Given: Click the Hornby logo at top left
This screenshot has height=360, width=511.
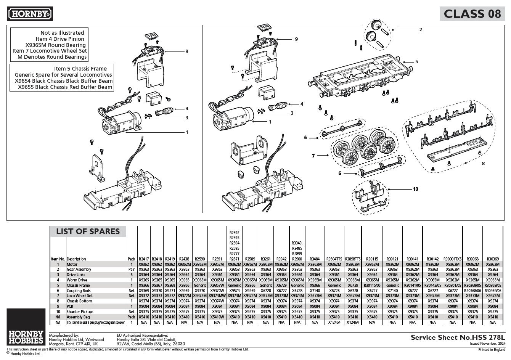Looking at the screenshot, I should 30,14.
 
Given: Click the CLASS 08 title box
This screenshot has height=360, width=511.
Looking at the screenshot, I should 472,14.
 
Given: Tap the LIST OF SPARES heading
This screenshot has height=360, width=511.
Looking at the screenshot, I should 88,231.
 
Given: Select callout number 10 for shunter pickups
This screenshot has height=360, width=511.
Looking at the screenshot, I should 415,189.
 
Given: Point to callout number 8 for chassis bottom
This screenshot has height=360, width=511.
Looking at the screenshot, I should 483,164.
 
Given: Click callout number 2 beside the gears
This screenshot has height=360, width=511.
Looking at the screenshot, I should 420,30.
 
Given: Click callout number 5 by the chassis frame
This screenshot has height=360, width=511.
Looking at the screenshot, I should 417,61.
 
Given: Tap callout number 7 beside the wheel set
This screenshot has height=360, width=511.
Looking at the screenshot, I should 313,156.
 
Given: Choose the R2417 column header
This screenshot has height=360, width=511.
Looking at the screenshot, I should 144,259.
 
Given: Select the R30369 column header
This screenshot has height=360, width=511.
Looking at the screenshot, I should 493,259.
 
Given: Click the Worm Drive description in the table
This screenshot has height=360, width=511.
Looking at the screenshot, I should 77,280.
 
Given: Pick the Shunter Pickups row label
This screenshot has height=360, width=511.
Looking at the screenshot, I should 80,312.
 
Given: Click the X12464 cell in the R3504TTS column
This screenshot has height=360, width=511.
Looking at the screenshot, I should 334,322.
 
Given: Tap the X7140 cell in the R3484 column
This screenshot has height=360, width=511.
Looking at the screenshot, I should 315,291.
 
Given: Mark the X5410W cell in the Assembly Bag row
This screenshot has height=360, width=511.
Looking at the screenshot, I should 217,317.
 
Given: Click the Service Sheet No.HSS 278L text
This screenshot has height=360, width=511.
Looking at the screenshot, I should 458,337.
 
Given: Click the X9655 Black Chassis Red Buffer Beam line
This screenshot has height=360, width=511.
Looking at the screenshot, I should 65,87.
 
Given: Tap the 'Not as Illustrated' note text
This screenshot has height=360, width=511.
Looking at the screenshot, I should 62,33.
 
